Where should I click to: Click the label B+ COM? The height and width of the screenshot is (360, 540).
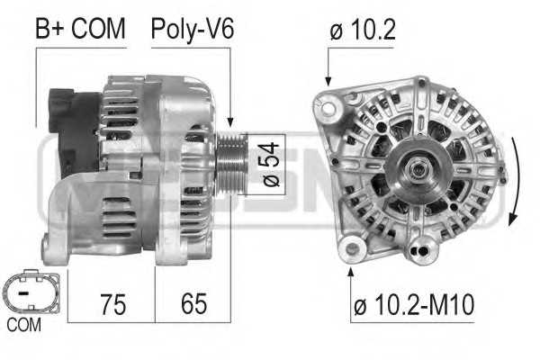[x=80, y=29]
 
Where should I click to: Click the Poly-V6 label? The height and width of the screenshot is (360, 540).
[x=192, y=29]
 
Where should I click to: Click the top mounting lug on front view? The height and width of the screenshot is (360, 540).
[x=419, y=88]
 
